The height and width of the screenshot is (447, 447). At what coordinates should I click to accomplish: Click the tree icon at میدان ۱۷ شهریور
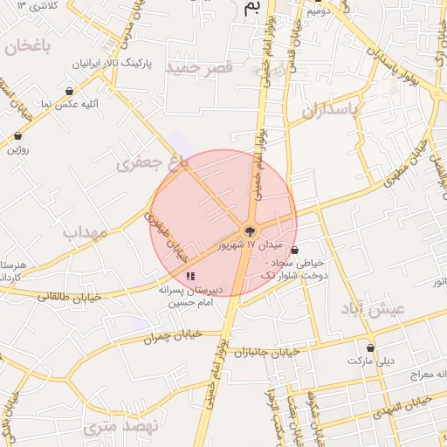point(250,231)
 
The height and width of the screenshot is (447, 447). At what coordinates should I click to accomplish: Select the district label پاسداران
point(330,110)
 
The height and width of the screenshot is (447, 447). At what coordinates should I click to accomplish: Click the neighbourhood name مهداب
point(84,233)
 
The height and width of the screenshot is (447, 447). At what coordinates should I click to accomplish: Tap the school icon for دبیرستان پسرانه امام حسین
point(191,276)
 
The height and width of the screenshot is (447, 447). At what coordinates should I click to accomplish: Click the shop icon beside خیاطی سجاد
point(294,250)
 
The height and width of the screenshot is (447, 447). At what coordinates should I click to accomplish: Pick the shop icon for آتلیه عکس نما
point(69,90)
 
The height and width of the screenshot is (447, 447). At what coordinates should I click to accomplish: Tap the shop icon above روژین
point(18,136)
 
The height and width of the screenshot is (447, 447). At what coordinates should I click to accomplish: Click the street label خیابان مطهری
point(403,162)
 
